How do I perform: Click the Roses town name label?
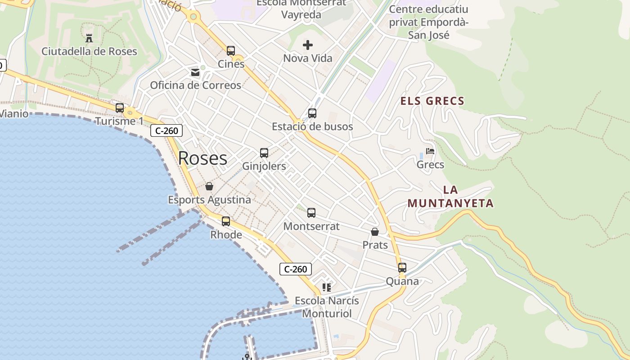(x=202, y=158)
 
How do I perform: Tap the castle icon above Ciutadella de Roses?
(x=89, y=38)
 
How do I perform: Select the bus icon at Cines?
(x=231, y=50)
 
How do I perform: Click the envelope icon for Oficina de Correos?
(x=195, y=72)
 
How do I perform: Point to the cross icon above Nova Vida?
(x=308, y=45)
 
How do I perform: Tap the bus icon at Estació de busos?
(x=312, y=113)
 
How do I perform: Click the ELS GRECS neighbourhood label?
(x=432, y=101)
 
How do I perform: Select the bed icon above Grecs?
(x=430, y=152)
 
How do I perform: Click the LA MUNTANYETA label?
(x=450, y=197)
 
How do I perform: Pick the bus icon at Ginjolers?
(x=264, y=153)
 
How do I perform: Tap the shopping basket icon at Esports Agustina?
(x=209, y=186)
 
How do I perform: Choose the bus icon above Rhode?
(x=226, y=221)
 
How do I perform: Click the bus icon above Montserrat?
(x=311, y=213)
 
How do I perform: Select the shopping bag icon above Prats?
(x=375, y=232)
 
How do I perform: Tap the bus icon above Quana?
(x=402, y=268)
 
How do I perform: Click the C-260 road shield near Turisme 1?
(x=166, y=131)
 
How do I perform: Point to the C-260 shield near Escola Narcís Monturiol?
(x=296, y=269)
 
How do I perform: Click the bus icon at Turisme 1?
(x=120, y=108)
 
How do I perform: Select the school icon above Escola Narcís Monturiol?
(x=327, y=287)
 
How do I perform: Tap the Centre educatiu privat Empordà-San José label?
(x=428, y=22)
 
